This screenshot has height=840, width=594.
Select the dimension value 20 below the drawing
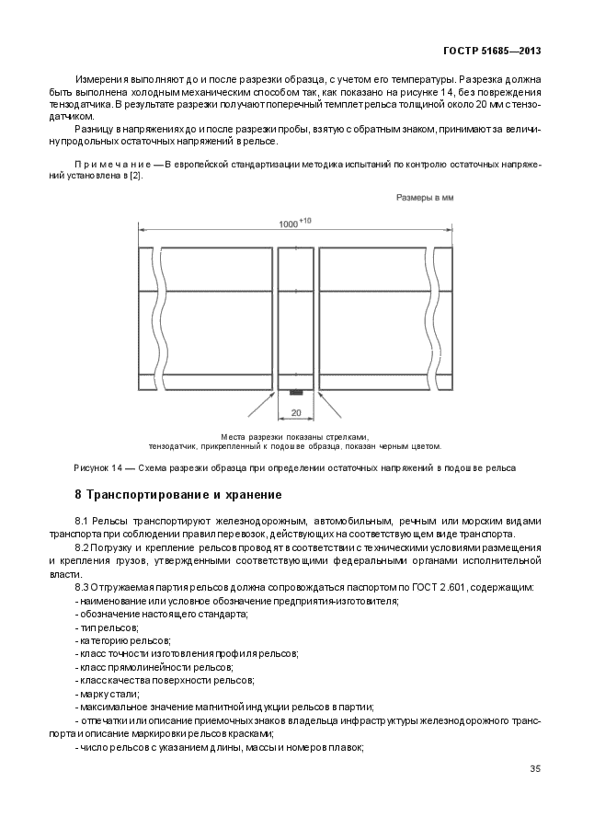coord(296,413)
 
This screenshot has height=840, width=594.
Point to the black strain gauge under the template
coord(296,394)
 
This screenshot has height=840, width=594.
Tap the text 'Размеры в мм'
coord(424,197)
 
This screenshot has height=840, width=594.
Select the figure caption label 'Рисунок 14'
coord(98,467)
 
